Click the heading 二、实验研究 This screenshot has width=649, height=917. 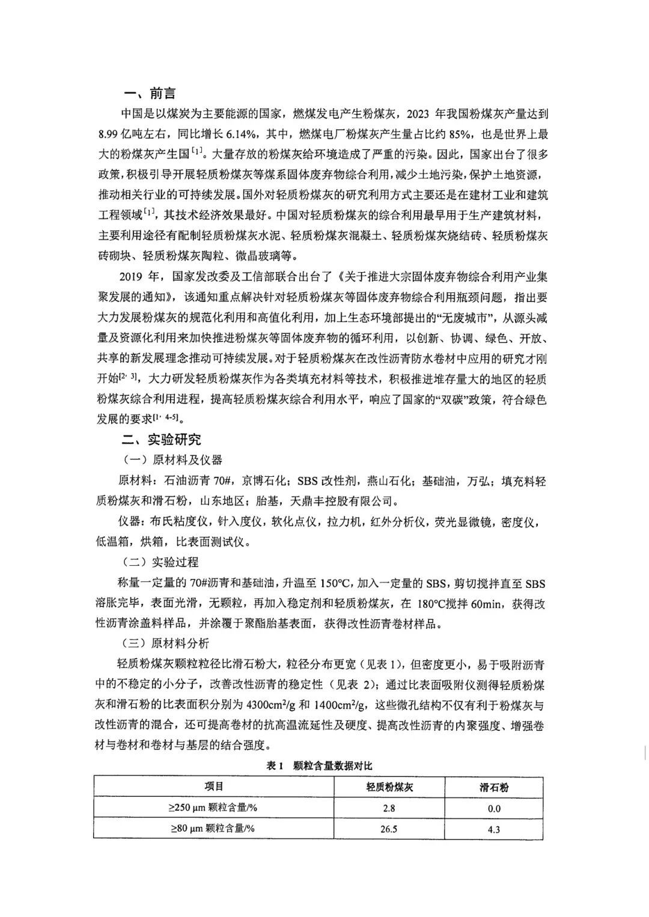tap(161, 439)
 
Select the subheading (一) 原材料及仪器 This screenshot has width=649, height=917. tap(172, 460)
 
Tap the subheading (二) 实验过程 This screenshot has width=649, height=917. tap(160, 562)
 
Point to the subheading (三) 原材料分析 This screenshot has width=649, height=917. tap(166, 643)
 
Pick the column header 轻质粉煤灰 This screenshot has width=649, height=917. tap(390, 787)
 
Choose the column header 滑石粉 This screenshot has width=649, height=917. tap(494, 787)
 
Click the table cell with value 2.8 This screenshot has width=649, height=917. tap(389, 808)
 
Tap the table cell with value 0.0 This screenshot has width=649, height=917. tap(494, 808)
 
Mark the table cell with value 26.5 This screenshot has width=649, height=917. tap(389, 829)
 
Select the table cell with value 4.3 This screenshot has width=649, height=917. tap(494, 829)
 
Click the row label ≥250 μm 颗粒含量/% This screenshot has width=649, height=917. tap(212, 808)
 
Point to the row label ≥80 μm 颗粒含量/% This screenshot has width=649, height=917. tap(212, 829)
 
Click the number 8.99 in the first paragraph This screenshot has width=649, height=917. tap(111, 133)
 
